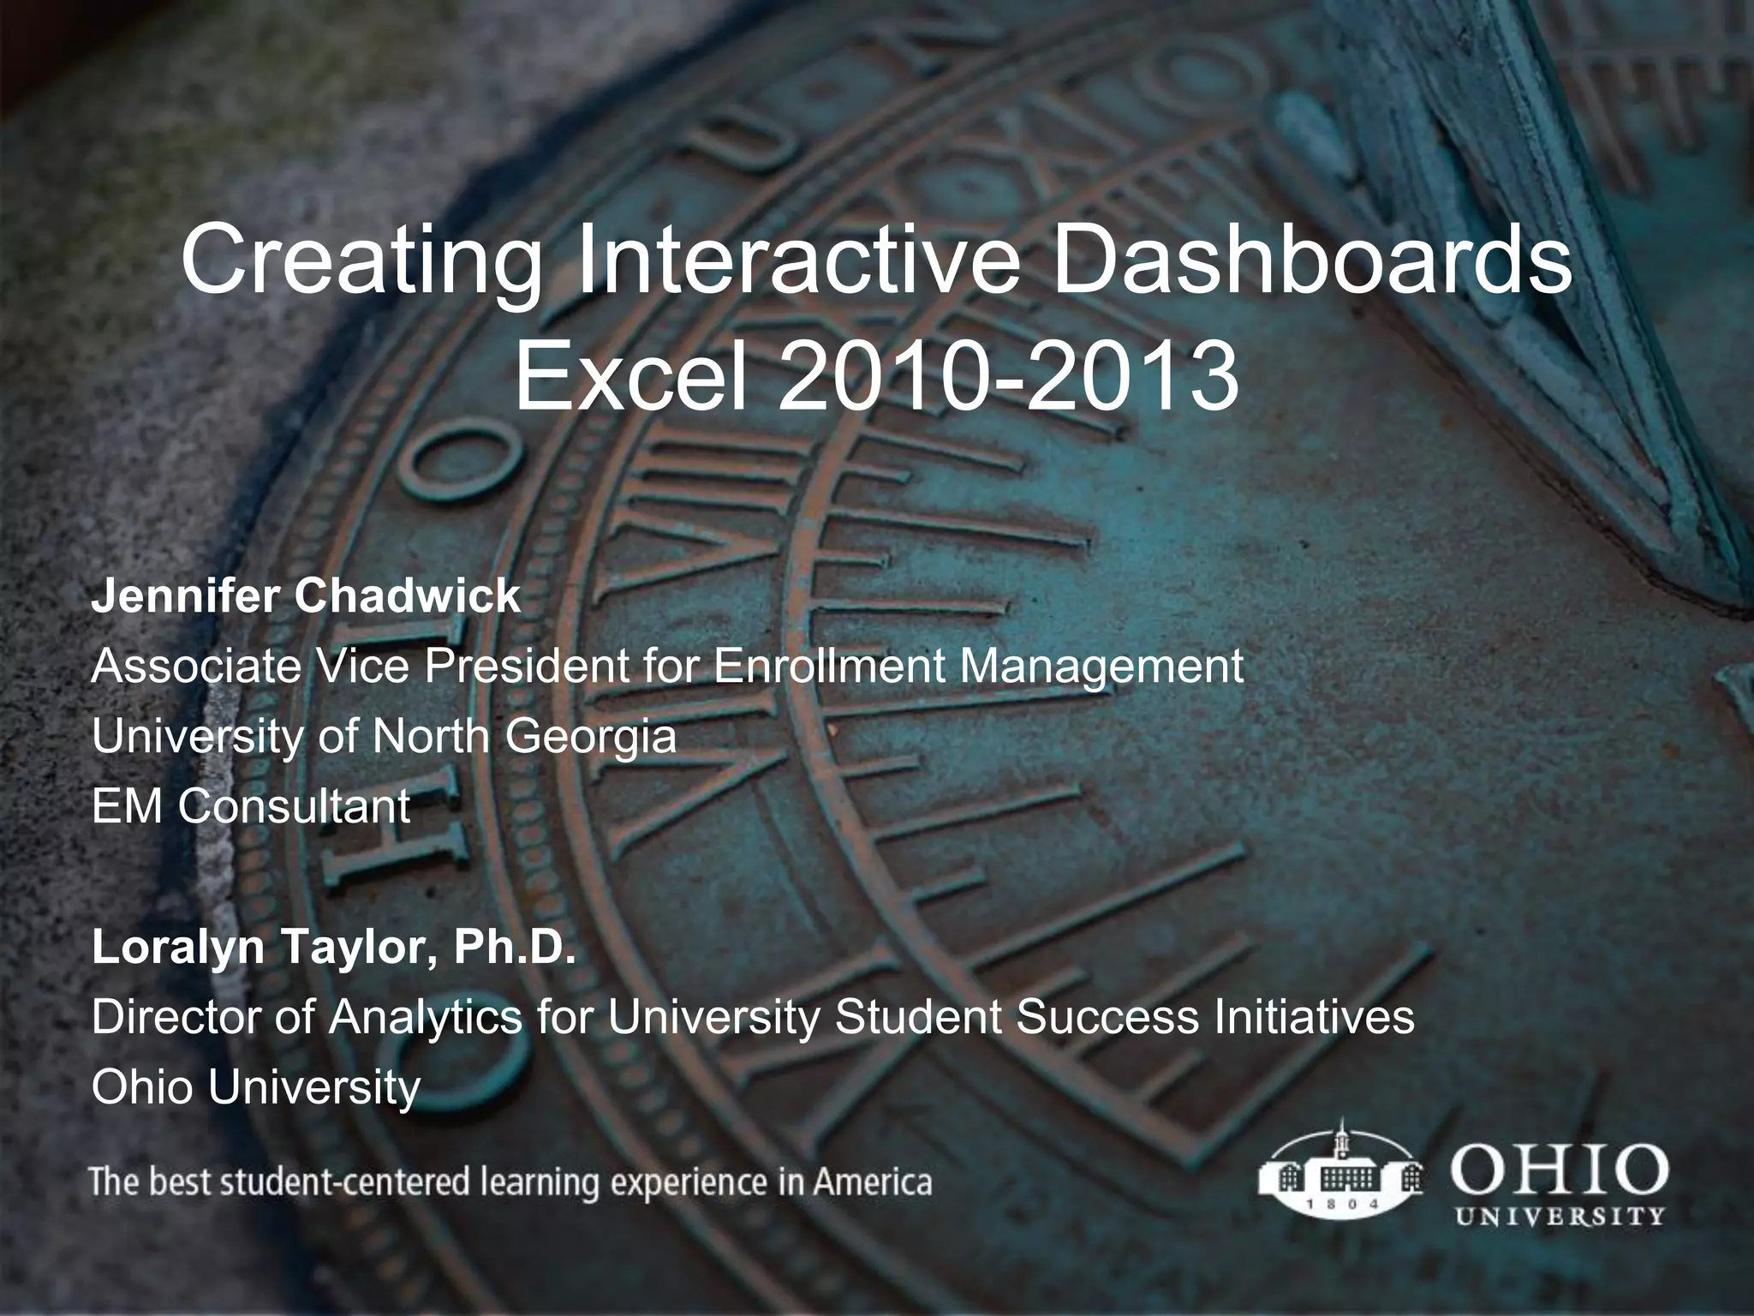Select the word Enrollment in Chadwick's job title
pyautogui.click(x=830, y=666)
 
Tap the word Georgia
pyautogui.click(x=590, y=736)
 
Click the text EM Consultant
pyautogui.click(x=251, y=806)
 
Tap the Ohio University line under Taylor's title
pyautogui.click(x=256, y=1087)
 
